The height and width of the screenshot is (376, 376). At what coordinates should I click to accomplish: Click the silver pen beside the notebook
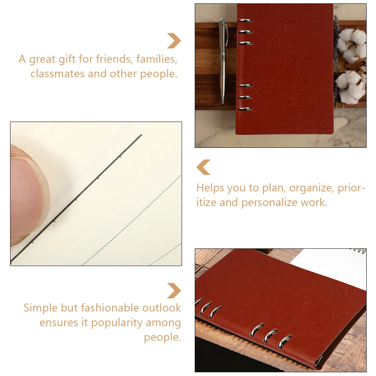(223, 61)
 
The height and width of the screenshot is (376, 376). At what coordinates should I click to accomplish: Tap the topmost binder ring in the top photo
(245, 20)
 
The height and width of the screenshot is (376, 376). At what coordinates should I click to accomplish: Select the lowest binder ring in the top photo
(245, 108)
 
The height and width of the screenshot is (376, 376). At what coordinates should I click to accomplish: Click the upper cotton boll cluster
(352, 45)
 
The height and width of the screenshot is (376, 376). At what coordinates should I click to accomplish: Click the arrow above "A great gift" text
(174, 41)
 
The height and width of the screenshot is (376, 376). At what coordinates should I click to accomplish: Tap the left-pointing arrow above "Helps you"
(203, 167)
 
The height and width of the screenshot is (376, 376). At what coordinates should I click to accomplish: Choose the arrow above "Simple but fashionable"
(174, 291)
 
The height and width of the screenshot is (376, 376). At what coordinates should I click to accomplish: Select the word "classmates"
(57, 74)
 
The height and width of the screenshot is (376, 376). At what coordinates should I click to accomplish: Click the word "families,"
(157, 59)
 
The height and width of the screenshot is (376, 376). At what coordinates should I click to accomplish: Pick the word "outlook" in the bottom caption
(162, 308)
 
